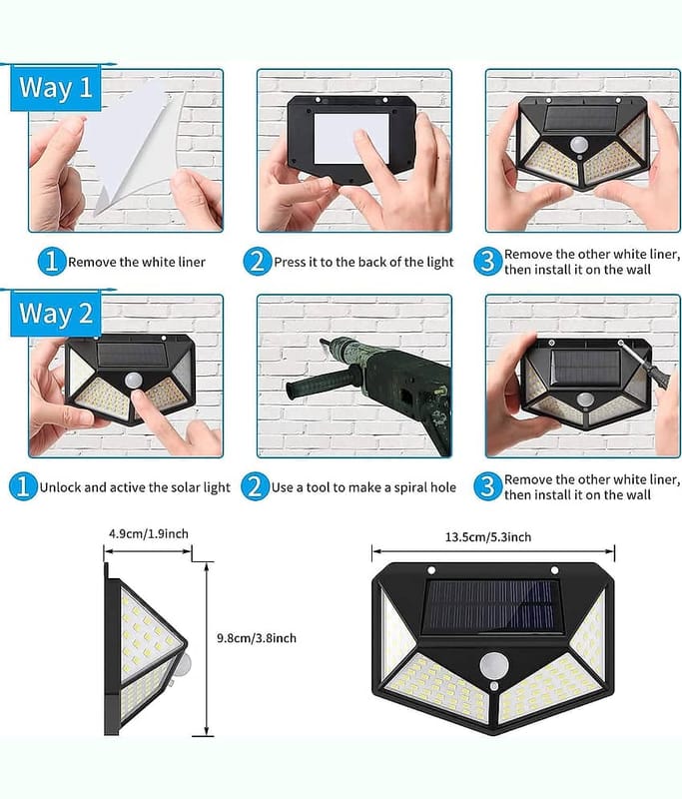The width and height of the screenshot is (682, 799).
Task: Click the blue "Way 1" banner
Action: pyautogui.click(x=56, y=87)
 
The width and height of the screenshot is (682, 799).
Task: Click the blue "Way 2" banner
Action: pyautogui.click(x=56, y=314)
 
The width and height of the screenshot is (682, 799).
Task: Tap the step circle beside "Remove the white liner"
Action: pyautogui.click(x=52, y=262)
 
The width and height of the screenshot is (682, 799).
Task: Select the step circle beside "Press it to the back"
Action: pyautogui.click(x=258, y=262)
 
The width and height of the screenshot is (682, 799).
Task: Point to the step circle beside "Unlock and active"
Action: pyautogui.click(x=23, y=486)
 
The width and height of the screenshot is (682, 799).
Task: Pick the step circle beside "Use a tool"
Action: pyautogui.click(x=255, y=486)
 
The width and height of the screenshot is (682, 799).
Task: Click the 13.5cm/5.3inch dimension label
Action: pyautogui.click(x=488, y=537)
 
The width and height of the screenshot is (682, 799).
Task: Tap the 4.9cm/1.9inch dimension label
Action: pyautogui.click(x=148, y=533)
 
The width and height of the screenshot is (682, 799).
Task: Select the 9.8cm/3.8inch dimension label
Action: pyautogui.click(x=257, y=638)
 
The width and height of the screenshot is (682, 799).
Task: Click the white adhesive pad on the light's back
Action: pyautogui.click(x=350, y=139)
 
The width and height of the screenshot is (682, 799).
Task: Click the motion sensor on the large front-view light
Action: pyautogui.click(x=494, y=666)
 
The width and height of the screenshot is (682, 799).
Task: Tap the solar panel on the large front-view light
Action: pyautogui.click(x=491, y=606)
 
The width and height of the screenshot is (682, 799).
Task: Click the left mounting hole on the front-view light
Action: pyautogui.click(x=431, y=570)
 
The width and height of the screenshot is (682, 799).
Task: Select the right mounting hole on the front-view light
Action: pyautogui.click(x=554, y=570)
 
